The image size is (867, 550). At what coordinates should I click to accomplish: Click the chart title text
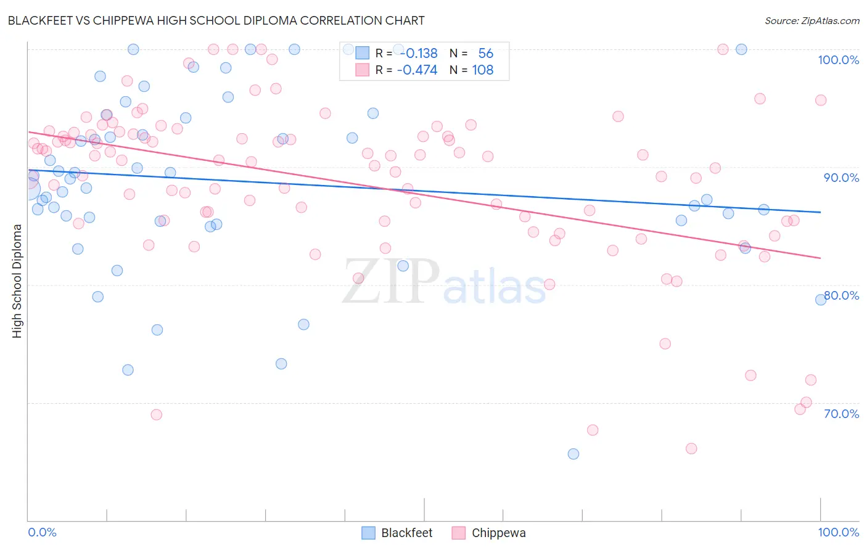click(x=216, y=20)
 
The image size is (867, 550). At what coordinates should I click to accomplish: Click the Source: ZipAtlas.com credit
click(x=812, y=20)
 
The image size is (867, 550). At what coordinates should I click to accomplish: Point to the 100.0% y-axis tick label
click(x=838, y=60)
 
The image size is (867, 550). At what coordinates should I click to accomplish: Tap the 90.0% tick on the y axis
click(x=841, y=178)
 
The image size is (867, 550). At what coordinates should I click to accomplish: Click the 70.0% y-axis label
click(x=841, y=414)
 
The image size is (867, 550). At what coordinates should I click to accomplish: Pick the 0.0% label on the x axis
click(x=42, y=532)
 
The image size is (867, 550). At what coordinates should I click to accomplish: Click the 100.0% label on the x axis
click(x=838, y=532)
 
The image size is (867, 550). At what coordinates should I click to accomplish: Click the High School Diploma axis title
click(x=17, y=281)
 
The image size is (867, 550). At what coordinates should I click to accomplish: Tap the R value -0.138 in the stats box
click(x=417, y=54)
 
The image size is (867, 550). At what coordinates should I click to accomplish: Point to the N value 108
click(x=483, y=70)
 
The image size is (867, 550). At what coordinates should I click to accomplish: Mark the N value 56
click(x=485, y=54)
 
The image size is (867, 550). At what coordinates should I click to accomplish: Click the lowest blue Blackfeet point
click(x=573, y=454)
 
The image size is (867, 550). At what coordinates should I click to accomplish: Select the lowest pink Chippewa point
click(x=691, y=448)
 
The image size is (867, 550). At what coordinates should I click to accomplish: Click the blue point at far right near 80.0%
click(x=821, y=300)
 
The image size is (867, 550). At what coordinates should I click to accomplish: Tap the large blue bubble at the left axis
click(x=29, y=189)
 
